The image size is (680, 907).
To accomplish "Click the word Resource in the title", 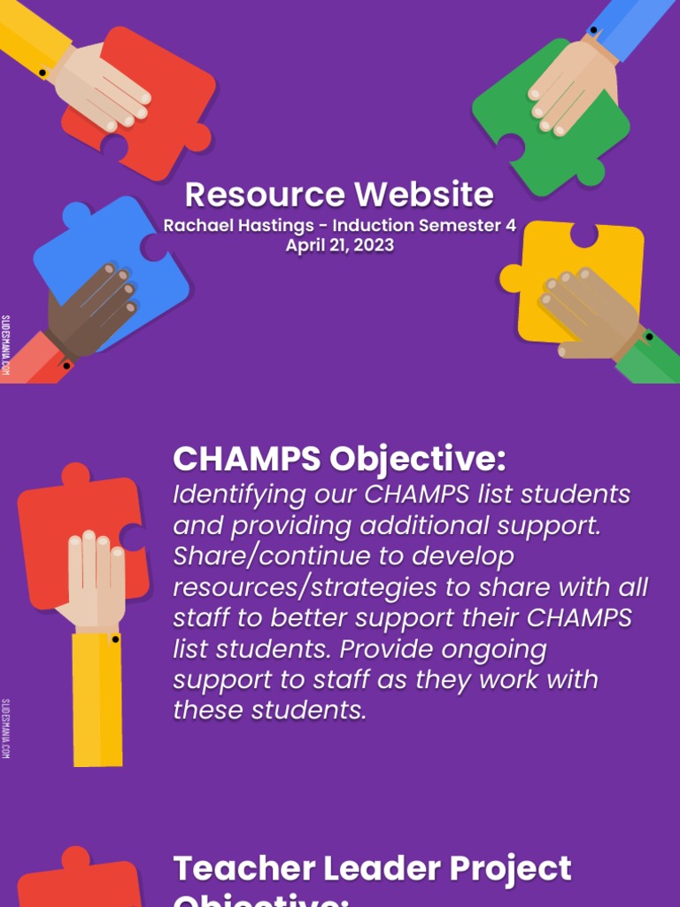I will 265,195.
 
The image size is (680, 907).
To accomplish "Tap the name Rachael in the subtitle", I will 195,226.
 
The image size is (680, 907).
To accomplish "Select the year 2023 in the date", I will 373,245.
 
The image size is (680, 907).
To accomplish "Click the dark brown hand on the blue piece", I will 93,310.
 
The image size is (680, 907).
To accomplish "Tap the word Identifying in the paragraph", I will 229,494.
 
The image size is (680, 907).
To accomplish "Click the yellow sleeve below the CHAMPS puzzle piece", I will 97,700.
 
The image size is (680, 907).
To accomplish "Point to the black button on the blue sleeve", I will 592,31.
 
